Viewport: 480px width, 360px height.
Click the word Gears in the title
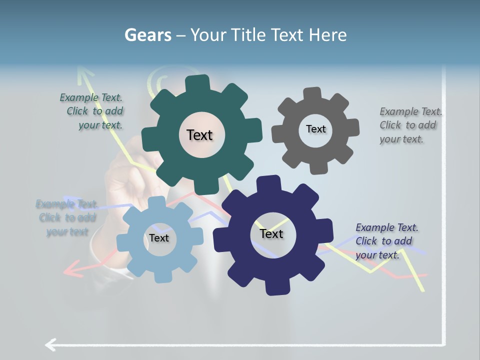tap(147, 35)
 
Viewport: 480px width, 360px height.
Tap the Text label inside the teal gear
tap(199, 135)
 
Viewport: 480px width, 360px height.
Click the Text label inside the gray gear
tap(315, 129)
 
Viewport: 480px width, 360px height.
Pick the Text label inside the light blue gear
tap(158, 238)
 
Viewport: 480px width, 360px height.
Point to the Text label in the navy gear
tap(271, 233)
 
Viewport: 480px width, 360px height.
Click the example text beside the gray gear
tap(410, 125)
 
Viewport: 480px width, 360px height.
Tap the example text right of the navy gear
tap(386, 241)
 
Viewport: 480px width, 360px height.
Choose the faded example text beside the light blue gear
tap(66, 217)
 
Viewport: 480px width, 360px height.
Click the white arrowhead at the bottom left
tap(50, 344)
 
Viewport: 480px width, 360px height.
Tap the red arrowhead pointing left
tap(70, 271)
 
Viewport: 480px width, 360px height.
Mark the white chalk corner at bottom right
tap(443, 344)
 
